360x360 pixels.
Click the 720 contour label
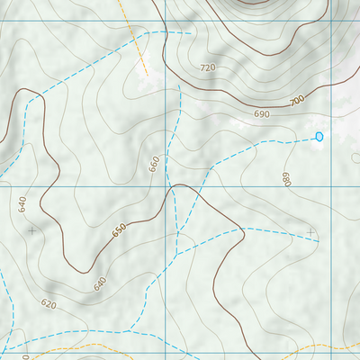(x=209, y=68)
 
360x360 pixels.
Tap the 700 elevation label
(x=298, y=102)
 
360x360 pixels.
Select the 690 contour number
(x=262, y=114)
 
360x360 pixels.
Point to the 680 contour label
(x=287, y=180)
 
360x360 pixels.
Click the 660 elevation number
(x=155, y=164)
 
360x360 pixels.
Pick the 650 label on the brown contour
(x=119, y=231)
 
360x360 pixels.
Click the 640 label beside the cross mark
(x=22, y=205)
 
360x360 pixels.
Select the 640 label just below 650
(x=99, y=283)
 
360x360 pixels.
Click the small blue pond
(x=319, y=137)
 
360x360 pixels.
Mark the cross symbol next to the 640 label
(x=33, y=230)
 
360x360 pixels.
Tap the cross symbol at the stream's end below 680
(x=311, y=232)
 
